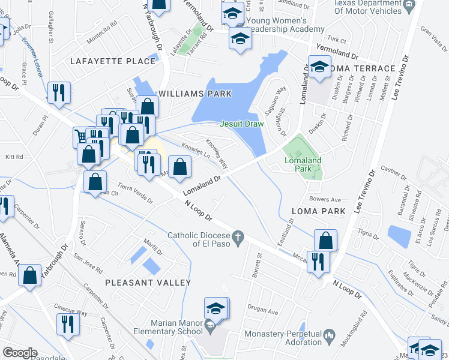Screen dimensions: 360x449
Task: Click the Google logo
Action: click(x=20, y=352)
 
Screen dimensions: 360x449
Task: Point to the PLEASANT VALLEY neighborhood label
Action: click(x=148, y=283)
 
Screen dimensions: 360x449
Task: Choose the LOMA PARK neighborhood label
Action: click(x=318, y=211)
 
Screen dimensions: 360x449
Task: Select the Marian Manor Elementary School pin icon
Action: click(x=209, y=327)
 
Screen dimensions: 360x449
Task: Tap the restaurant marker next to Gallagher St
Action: click(x=59, y=92)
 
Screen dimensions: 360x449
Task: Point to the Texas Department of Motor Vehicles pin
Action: click(x=409, y=4)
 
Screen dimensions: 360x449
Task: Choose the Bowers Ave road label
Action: click(x=325, y=199)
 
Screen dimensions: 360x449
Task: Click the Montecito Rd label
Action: click(x=101, y=37)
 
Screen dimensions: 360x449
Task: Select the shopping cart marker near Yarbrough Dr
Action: click(x=80, y=136)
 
